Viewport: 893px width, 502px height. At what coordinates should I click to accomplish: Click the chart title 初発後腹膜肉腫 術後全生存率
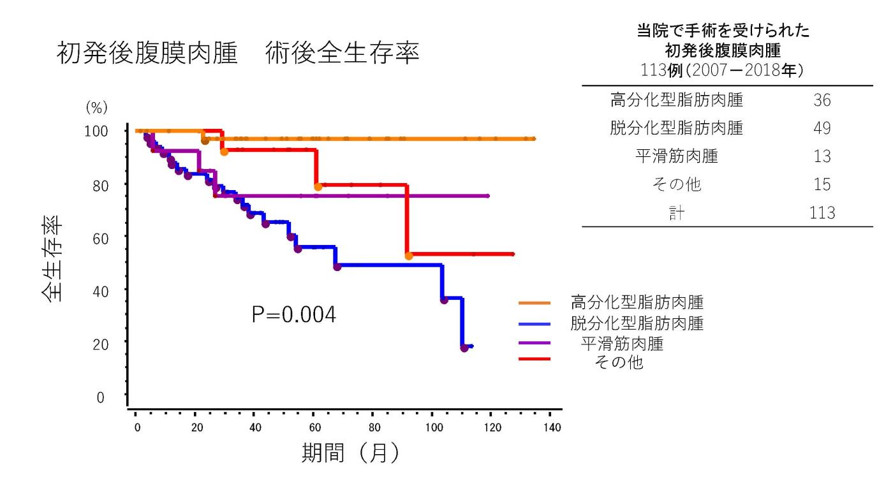coord(238,54)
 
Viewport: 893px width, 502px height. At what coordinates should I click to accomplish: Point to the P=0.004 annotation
coord(293,314)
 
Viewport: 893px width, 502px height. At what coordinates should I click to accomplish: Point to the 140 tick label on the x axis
coord(552,427)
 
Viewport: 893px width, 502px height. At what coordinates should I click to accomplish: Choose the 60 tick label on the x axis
coord(314,427)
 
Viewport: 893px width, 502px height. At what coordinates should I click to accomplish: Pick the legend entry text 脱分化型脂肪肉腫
coord(637,323)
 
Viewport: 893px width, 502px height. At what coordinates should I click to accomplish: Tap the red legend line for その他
coord(535,360)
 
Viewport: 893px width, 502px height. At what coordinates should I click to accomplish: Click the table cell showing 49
coord(822,128)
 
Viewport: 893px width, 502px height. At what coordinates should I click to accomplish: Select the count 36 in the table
coord(822,101)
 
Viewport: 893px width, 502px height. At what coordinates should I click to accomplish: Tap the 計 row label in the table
coord(677,213)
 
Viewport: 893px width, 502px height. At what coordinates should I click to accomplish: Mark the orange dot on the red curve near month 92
coord(409,256)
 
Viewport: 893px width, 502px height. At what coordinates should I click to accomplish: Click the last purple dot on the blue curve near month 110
coord(464,348)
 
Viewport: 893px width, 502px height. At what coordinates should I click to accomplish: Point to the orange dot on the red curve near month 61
coord(318,187)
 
